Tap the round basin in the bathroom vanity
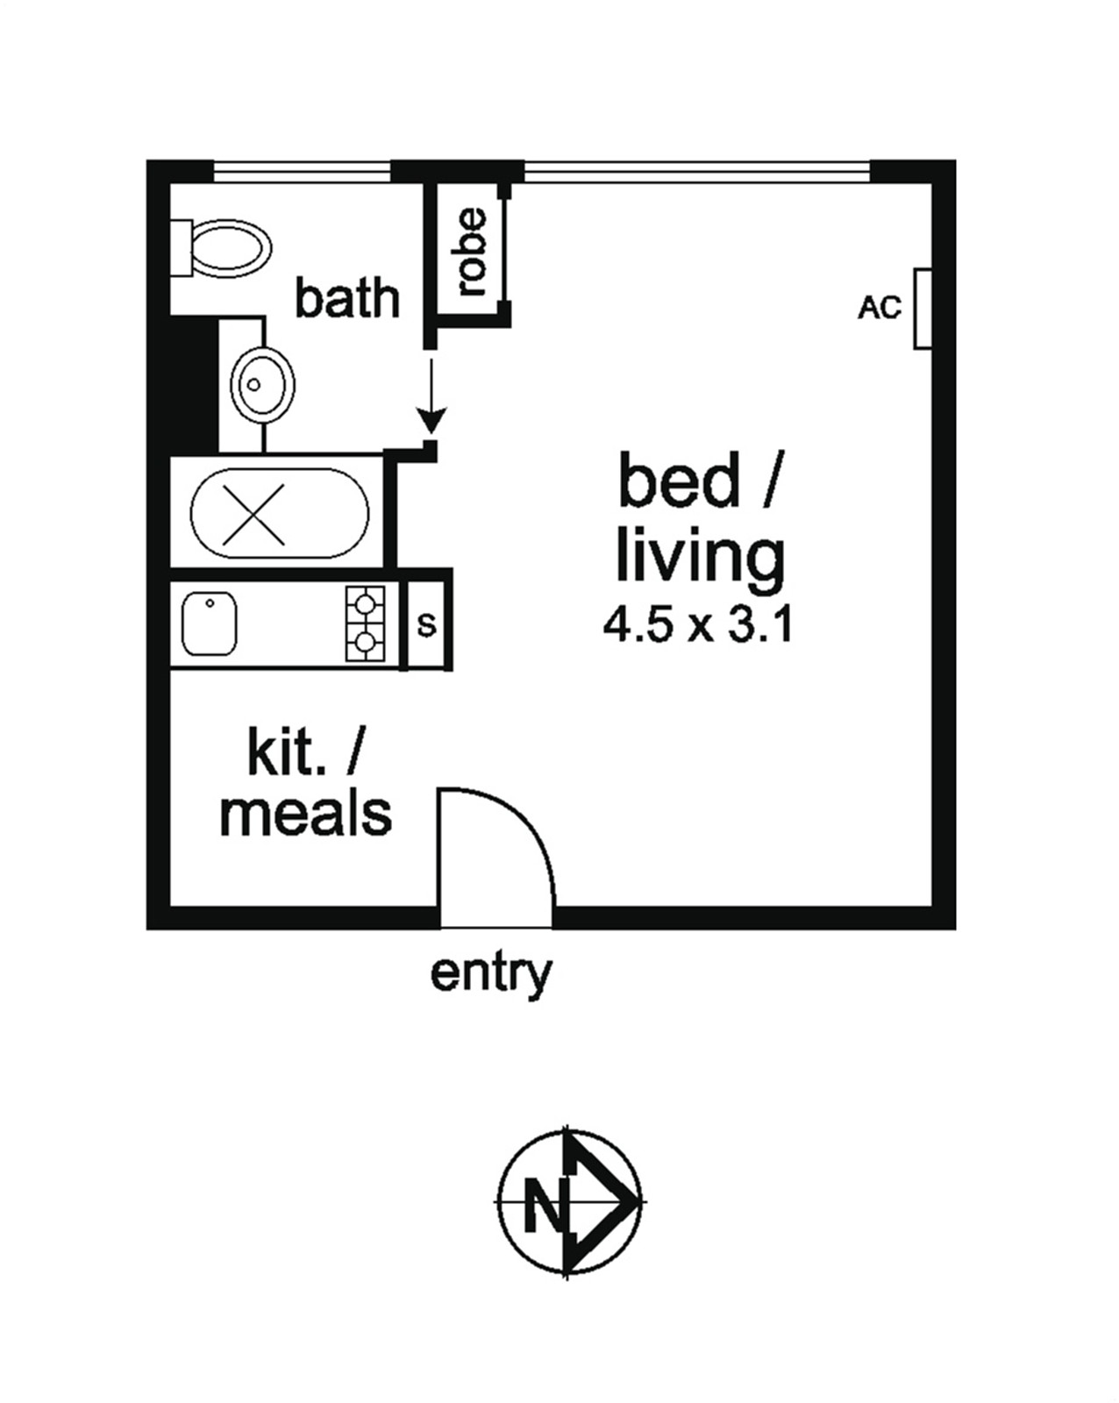(263, 385)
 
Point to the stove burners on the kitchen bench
(365, 623)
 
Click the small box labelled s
(426, 625)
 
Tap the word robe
(472, 252)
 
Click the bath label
(347, 298)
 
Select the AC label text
(880, 308)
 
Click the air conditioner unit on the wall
(922, 309)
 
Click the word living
(701, 559)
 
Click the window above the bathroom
(302, 172)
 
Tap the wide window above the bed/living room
(697, 172)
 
